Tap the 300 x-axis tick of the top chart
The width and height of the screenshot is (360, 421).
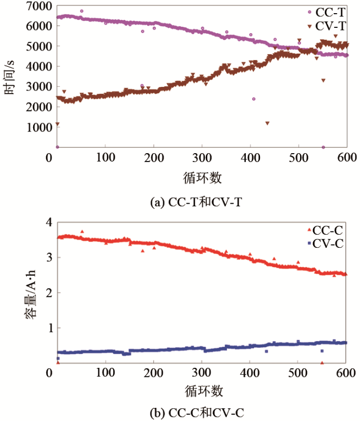[202, 157]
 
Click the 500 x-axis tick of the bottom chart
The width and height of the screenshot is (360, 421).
[298, 373]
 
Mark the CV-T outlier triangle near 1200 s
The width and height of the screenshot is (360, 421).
[267, 123]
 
